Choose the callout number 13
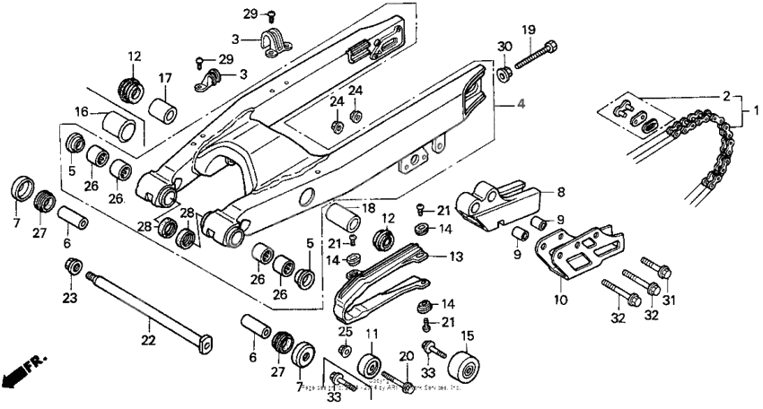point(456,257)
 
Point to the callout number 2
point(725,94)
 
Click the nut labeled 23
point(75,266)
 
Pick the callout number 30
point(504,47)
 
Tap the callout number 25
point(345,331)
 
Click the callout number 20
point(406,355)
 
